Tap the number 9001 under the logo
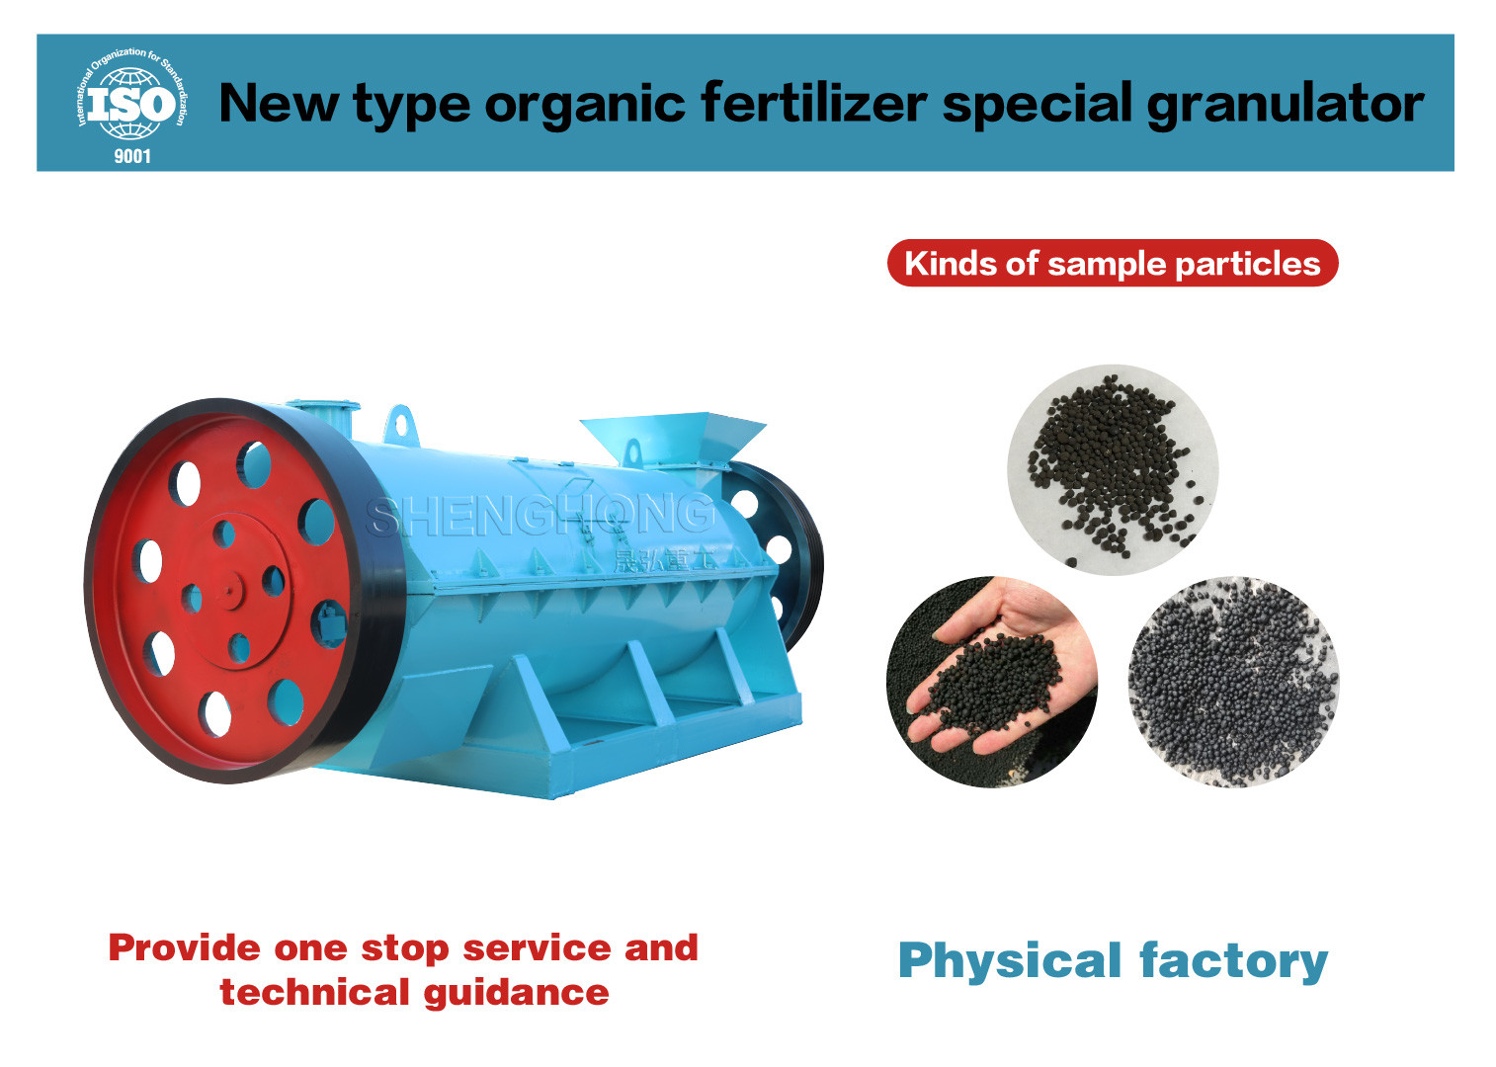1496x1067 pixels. (x=132, y=156)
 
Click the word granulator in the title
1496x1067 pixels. (x=1285, y=104)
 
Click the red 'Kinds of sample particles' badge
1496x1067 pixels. (x=1113, y=263)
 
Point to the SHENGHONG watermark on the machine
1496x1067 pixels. (x=540, y=517)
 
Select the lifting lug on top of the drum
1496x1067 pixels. (x=400, y=424)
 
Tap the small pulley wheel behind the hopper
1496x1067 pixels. (x=782, y=553)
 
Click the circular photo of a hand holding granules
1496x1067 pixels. (x=992, y=681)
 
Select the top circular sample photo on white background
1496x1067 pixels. (x=1113, y=469)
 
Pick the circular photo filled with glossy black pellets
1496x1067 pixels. (x=1233, y=682)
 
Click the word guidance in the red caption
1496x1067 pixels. (x=516, y=993)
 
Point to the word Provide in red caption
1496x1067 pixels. (x=185, y=948)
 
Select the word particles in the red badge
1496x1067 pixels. (x=1248, y=265)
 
